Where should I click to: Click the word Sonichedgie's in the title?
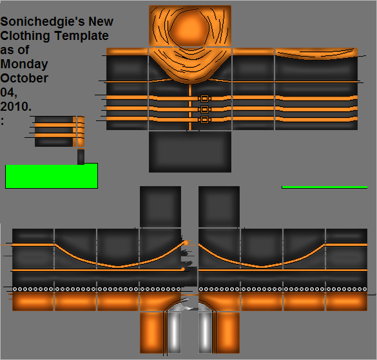tap(43, 22)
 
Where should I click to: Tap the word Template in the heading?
tap(81, 36)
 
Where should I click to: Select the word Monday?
tap(24, 64)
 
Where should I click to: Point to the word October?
tap(24, 78)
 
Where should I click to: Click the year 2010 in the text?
tap(15, 106)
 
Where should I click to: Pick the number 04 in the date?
tap(8, 92)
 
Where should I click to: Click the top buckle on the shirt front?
tap(204, 99)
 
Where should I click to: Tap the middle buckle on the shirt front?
tap(204, 109)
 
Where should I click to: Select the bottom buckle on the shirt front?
tap(204, 120)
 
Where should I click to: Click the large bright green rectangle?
tap(52, 176)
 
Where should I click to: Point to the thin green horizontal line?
tap(325, 187)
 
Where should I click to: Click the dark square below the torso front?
tap(190, 151)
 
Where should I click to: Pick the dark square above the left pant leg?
tap(160, 207)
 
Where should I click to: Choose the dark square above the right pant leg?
tap(219, 207)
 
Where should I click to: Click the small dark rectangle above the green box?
tap(81, 156)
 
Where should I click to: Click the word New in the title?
tap(101, 22)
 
